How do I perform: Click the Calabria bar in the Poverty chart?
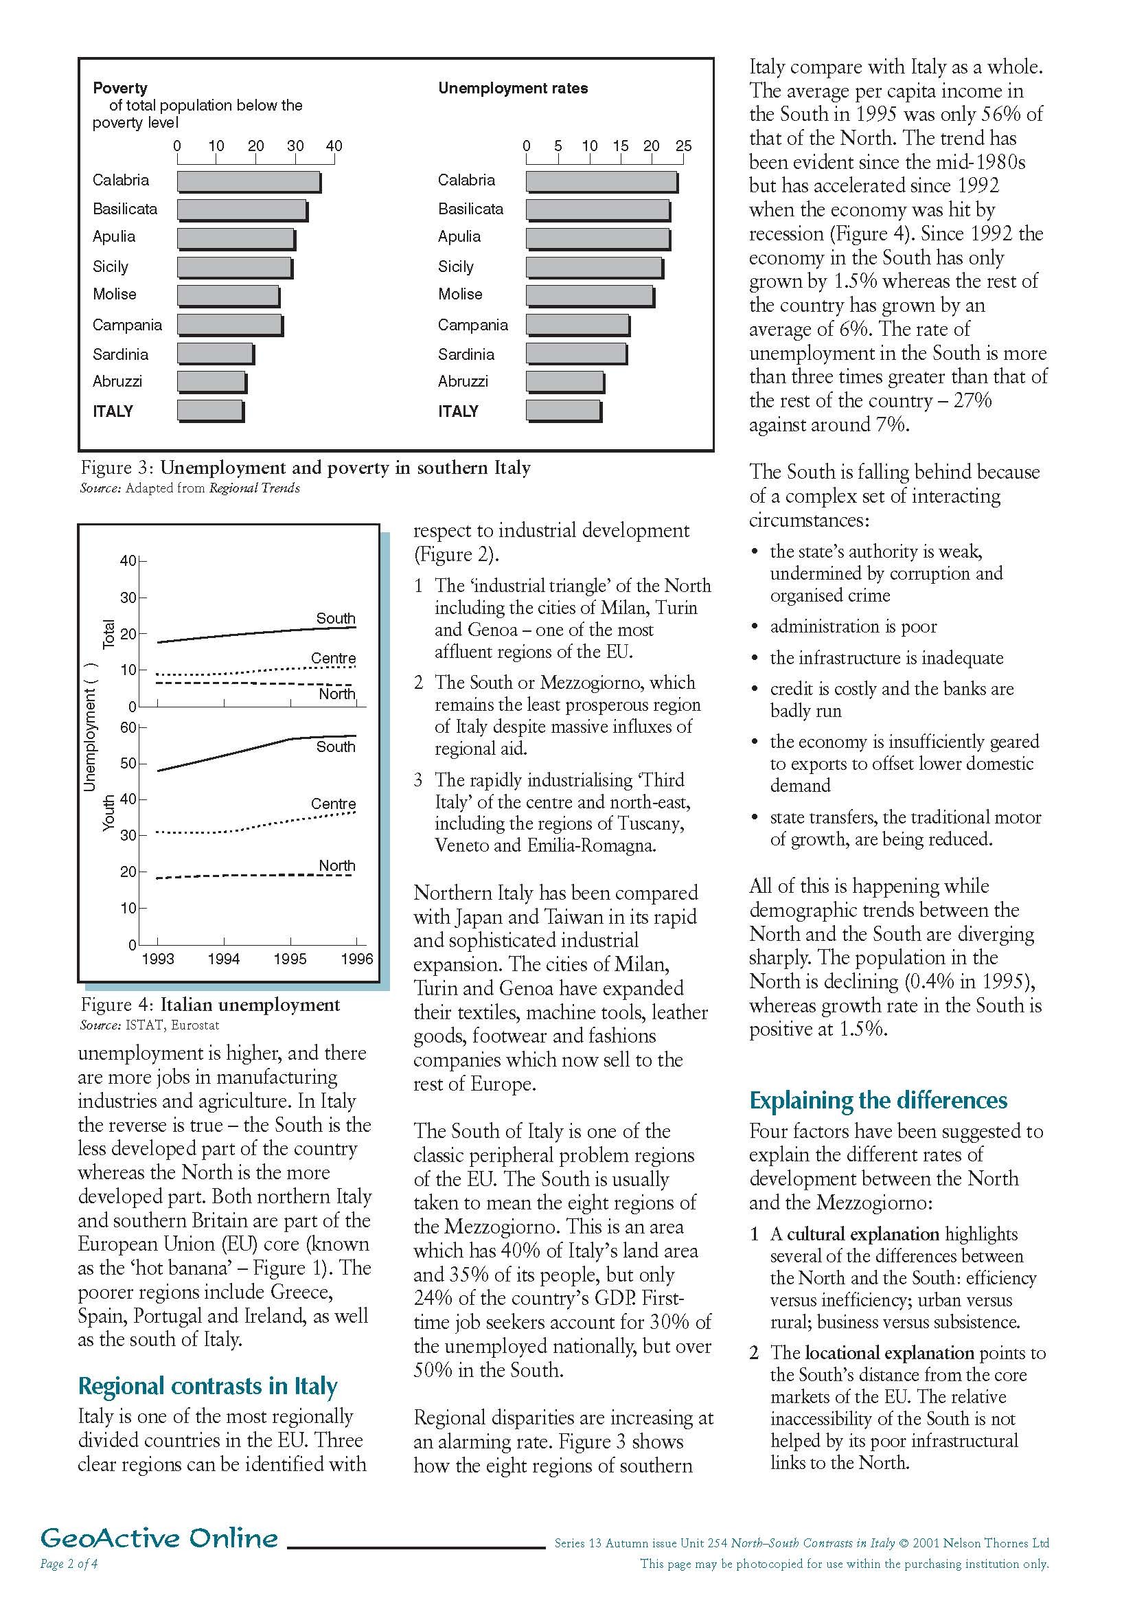click(x=248, y=182)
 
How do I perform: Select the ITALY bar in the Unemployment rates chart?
click(x=563, y=411)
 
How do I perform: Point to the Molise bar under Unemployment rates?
click(x=590, y=296)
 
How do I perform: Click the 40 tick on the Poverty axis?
click(x=334, y=146)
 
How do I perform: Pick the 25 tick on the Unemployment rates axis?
click(x=683, y=146)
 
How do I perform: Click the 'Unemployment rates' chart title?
click(x=512, y=88)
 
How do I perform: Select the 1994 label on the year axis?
click(x=224, y=959)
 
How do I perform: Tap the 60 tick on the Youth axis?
click(x=128, y=728)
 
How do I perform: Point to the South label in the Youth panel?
click(x=336, y=747)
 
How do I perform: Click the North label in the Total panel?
click(x=337, y=694)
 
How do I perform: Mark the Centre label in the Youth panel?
click(x=334, y=804)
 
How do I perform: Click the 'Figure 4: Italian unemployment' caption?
click(x=210, y=1005)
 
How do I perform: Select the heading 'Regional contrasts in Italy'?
click(x=207, y=1385)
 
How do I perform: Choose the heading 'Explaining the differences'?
click(x=878, y=1100)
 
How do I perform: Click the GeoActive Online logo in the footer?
click(x=159, y=1558)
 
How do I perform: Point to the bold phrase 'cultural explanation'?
click(x=862, y=1234)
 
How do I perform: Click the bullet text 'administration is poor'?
click(x=853, y=626)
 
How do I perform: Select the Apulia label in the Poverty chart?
click(x=114, y=237)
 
